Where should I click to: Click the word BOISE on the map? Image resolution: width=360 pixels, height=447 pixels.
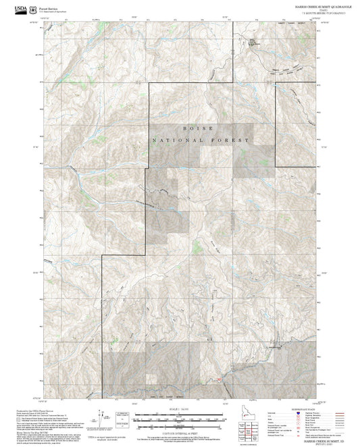198,128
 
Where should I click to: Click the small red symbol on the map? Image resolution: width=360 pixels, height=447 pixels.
219,379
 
